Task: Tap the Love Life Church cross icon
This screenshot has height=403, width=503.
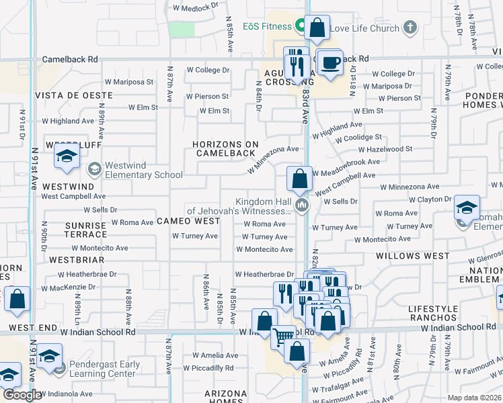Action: pyautogui.click(x=410, y=28)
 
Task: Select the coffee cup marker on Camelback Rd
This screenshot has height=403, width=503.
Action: pyautogui.click(x=329, y=63)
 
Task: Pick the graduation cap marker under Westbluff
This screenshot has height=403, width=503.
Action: pyautogui.click(x=67, y=157)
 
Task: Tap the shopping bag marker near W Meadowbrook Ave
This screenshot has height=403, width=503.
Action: pyautogui.click(x=300, y=179)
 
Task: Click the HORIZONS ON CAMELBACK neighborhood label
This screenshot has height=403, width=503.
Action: pyautogui.click(x=225, y=148)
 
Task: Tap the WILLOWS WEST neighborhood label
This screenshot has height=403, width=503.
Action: pyautogui.click(x=412, y=256)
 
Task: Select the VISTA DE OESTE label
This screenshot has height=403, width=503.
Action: pyautogui.click(x=73, y=95)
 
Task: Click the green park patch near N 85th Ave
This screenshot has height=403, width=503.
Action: pyautogui.click(x=181, y=30)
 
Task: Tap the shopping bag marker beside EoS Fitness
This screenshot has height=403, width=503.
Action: pyautogui.click(x=317, y=28)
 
